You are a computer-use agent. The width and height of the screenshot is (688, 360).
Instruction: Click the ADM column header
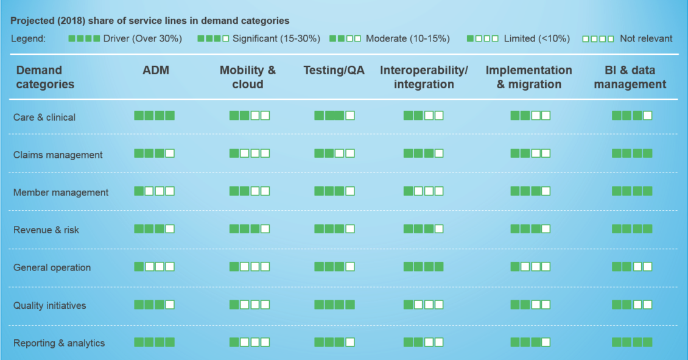[156, 70]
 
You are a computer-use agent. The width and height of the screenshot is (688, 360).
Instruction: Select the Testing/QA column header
[334, 70]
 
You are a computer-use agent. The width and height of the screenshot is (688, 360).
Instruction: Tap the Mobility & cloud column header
[248, 77]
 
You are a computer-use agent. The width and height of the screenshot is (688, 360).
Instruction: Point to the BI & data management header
[630, 77]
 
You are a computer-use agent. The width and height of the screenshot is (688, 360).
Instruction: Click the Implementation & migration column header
[528, 77]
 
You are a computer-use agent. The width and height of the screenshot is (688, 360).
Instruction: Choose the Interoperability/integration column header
[424, 77]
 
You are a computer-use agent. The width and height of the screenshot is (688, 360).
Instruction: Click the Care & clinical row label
[44, 117]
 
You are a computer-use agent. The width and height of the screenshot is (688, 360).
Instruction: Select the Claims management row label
[58, 155]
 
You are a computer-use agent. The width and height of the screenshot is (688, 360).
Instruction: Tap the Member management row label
[60, 192]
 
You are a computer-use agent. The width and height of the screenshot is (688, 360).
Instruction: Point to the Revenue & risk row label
[46, 230]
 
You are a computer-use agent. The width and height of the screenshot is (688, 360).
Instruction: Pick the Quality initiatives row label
[49, 306]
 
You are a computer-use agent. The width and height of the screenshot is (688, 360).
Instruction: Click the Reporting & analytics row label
[59, 344]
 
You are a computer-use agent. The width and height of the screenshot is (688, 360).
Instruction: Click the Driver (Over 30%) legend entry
[125, 38]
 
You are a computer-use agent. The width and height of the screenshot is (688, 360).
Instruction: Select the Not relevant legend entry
[627, 38]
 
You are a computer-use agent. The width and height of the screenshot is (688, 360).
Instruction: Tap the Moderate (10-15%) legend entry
[390, 38]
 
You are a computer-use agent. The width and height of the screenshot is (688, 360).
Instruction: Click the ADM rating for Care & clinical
[155, 116]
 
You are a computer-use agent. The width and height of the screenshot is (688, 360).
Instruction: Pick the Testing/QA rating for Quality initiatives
[334, 305]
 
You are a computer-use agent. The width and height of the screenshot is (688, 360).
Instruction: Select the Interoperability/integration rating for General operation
[423, 266]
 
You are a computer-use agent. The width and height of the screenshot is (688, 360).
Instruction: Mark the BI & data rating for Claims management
[632, 154]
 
